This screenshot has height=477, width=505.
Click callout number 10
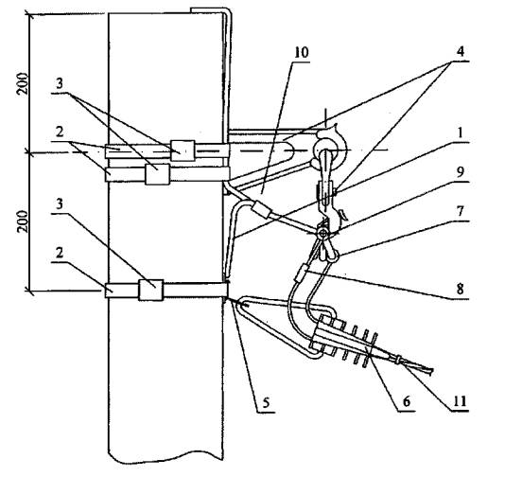pyautogui.click(x=302, y=53)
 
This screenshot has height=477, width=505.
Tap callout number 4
pyautogui.click(x=461, y=51)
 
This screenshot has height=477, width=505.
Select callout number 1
pyautogui.click(x=461, y=132)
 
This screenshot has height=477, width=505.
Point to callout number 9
pyautogui.click(x=461, y=172)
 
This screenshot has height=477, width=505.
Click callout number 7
pyautogui.click(x=461, y=211)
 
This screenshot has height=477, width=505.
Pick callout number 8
pyautogui.click(x=461, y=289)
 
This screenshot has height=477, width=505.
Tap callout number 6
pyautogui.click(x=407, y=401)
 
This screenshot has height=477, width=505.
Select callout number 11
pyautogui.click(x=460, y=401)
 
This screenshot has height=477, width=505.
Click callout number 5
pyautogui.click(x=266, y=402)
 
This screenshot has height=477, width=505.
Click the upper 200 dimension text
pyautogui.click(x=24, y=84)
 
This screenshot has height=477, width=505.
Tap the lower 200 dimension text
pyautogui.click(x=24, y=221)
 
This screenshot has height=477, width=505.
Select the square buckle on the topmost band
pyautogui.click(x=183, y=150)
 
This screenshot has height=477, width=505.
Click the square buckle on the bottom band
pyautogui.click(x=150, y=290)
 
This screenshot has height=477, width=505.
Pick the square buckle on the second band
pyautogui.click(x=158, y=174)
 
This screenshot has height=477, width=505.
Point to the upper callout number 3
pyautogui.click(x=60, y=84)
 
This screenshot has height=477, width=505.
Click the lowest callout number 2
pyautogui.click(x=60, y=253)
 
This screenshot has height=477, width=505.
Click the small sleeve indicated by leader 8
pyautogui.click(x=300, y=274)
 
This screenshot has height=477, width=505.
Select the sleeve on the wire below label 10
pyautogui.click(x=263, y=209)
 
